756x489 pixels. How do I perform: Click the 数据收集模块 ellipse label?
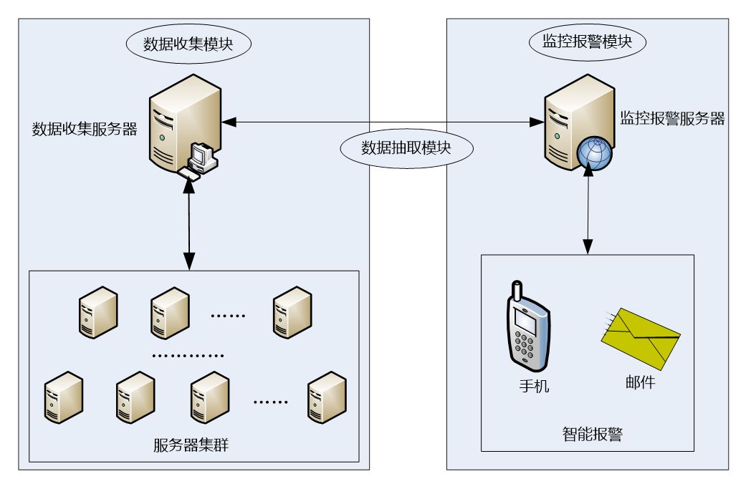click(x=188, y=44)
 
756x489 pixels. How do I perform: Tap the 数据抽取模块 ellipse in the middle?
click(x=407, y=147)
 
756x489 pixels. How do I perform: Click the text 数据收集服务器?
click(x=85, y=130)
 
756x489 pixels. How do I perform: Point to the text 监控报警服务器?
click(x=672, y=119)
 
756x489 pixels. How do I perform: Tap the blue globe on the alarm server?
click(x=593, y=152)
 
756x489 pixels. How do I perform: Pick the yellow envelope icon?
click(x=640, y=338)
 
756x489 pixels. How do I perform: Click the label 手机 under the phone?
click(x=534, y=386)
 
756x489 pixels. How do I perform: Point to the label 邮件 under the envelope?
click(x=639, y=382)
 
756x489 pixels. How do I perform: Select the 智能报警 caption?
click(x=592, y=433)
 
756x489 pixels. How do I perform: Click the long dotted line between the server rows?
click(x=189, y=354)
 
